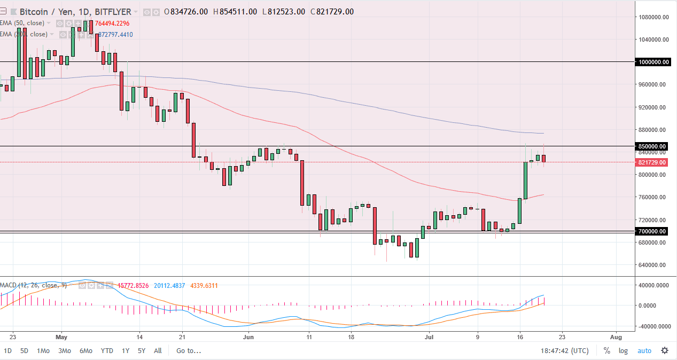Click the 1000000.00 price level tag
[x=653, y=62]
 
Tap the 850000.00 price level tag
[x=652, y=146]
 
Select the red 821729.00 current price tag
[x=652, y=162]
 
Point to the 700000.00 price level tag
[x=652, y=231]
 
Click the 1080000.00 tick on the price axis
[x=655, y=17]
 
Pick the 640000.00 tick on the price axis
[x=653, y=265]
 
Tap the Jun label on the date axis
[x=247, y=337]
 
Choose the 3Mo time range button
[x=65, y=351]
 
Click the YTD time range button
[x=107, y=351]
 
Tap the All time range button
[x=158, y=351]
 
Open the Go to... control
[x=189, y=351]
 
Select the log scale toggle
[x=623, y=351]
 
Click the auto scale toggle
[x=644, y=351]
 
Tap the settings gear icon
[x=664, y=351]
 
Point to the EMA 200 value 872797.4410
[x=115, y=35]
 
